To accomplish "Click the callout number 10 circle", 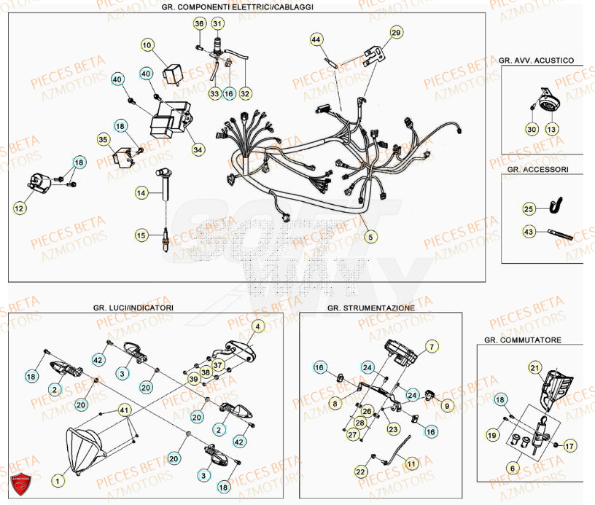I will tap(147, 46).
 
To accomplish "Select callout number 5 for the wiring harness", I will tap(370, 236).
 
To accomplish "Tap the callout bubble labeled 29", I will tap(395, 33).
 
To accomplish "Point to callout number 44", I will tap(316, 39).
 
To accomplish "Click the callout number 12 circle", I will tap(19, 209).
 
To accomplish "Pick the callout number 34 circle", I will tap(198, 149).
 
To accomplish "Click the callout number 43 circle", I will tap(529, 231).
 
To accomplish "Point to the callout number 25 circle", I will tap(529, 209).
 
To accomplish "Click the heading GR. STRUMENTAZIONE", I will tap(371, 308).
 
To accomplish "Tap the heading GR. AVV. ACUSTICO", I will tap(537, 60).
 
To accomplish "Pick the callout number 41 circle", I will tap(125, 410).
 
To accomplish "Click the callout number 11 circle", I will tap(411, 463).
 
